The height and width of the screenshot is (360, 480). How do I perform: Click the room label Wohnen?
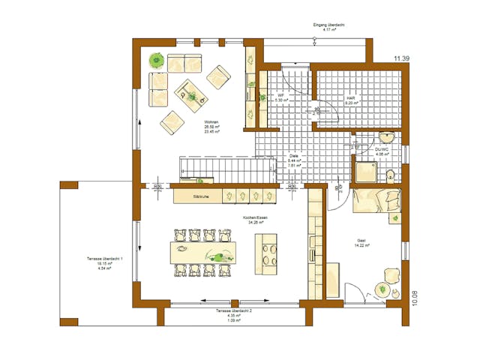[x=211, y=122]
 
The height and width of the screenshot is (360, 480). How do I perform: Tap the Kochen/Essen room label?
[x=255, y=217]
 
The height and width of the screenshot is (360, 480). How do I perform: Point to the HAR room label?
[x=350, y=98]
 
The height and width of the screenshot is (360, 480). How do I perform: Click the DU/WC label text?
[x=382, y=149]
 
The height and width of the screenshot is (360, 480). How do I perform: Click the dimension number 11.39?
[x=402, y=58]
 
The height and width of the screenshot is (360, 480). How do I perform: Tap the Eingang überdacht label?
[x=329, y=25]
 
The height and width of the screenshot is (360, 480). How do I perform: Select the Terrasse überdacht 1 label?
[x=99, y=259]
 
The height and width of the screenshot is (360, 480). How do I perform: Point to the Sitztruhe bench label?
[x=201, y=196]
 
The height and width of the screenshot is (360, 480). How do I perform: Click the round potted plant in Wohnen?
[x=157, y=59]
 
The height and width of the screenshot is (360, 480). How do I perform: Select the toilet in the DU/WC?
[x=389, y=175]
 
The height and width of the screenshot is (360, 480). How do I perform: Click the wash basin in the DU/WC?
[x=386, y=136]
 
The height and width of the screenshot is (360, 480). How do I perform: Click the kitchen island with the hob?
[x=266, y=251]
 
